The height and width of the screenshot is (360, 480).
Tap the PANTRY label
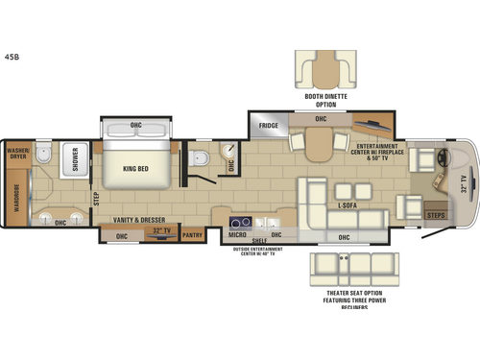pos(191,232)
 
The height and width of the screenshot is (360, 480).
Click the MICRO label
pos(236,233)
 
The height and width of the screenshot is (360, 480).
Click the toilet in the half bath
pos(197,158)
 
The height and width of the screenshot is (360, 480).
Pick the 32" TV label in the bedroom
pos(159,232)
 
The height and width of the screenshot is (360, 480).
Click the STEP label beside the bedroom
pos(95,199)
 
